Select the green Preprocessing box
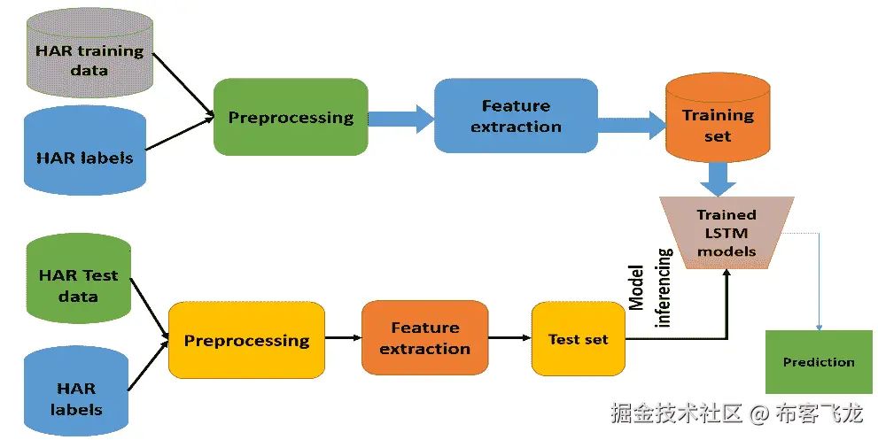pyautogui.click(x=291, y=117)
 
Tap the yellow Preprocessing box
pyautogui.click(x=246, y=340)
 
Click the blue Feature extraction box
pyautogui.click(x=516, y=116)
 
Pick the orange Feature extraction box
pyautogui.click(x=425, y=337)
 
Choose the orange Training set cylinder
pyautogui.click(x=718, y=118)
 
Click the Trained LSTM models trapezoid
pyautogui.click(x=726, y=233)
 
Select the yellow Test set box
pyautogui.click(x=579, y=339)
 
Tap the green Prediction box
pyautogui.click(x=819, y=361)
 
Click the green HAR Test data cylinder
pyautogui.click(x=78, y=278)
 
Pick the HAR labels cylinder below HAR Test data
pyautogui.click(x=76, y=390)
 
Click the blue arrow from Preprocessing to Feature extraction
pyautogui.click(x=401, y=119)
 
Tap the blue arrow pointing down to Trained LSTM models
pyautogui.click(x=718, y=179)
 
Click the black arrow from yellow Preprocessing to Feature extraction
pyautogui.click(x=343, y=337)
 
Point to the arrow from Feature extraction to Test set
pyautogui.click(x=509, y=337)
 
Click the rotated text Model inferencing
pyautogui.click(x=649, y=288)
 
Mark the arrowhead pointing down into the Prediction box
pyautogui.click(x=820, y=328)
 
